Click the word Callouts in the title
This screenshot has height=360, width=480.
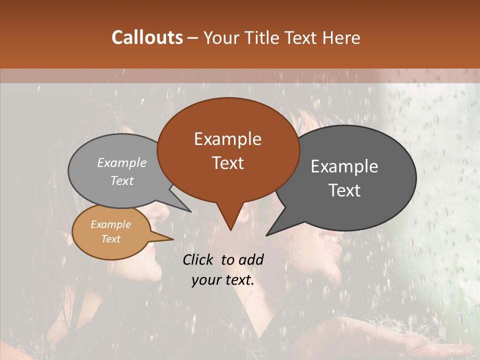(x=147, y=37)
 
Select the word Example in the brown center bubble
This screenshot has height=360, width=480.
(x=227, y=139)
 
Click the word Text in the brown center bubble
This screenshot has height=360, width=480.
(x=227, y=162)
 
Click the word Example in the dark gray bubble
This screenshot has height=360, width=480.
(x=344, y=166)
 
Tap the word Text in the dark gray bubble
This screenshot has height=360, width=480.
(x=344, y=190)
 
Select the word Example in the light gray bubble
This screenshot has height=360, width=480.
(x=122, y=162)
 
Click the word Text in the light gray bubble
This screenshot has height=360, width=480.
(x=122, y=180)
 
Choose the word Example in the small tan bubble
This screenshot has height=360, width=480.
(x=110, y=224)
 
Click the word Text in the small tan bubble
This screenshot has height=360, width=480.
(x=110, y=238)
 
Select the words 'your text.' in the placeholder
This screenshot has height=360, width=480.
(x=223, y=280)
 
